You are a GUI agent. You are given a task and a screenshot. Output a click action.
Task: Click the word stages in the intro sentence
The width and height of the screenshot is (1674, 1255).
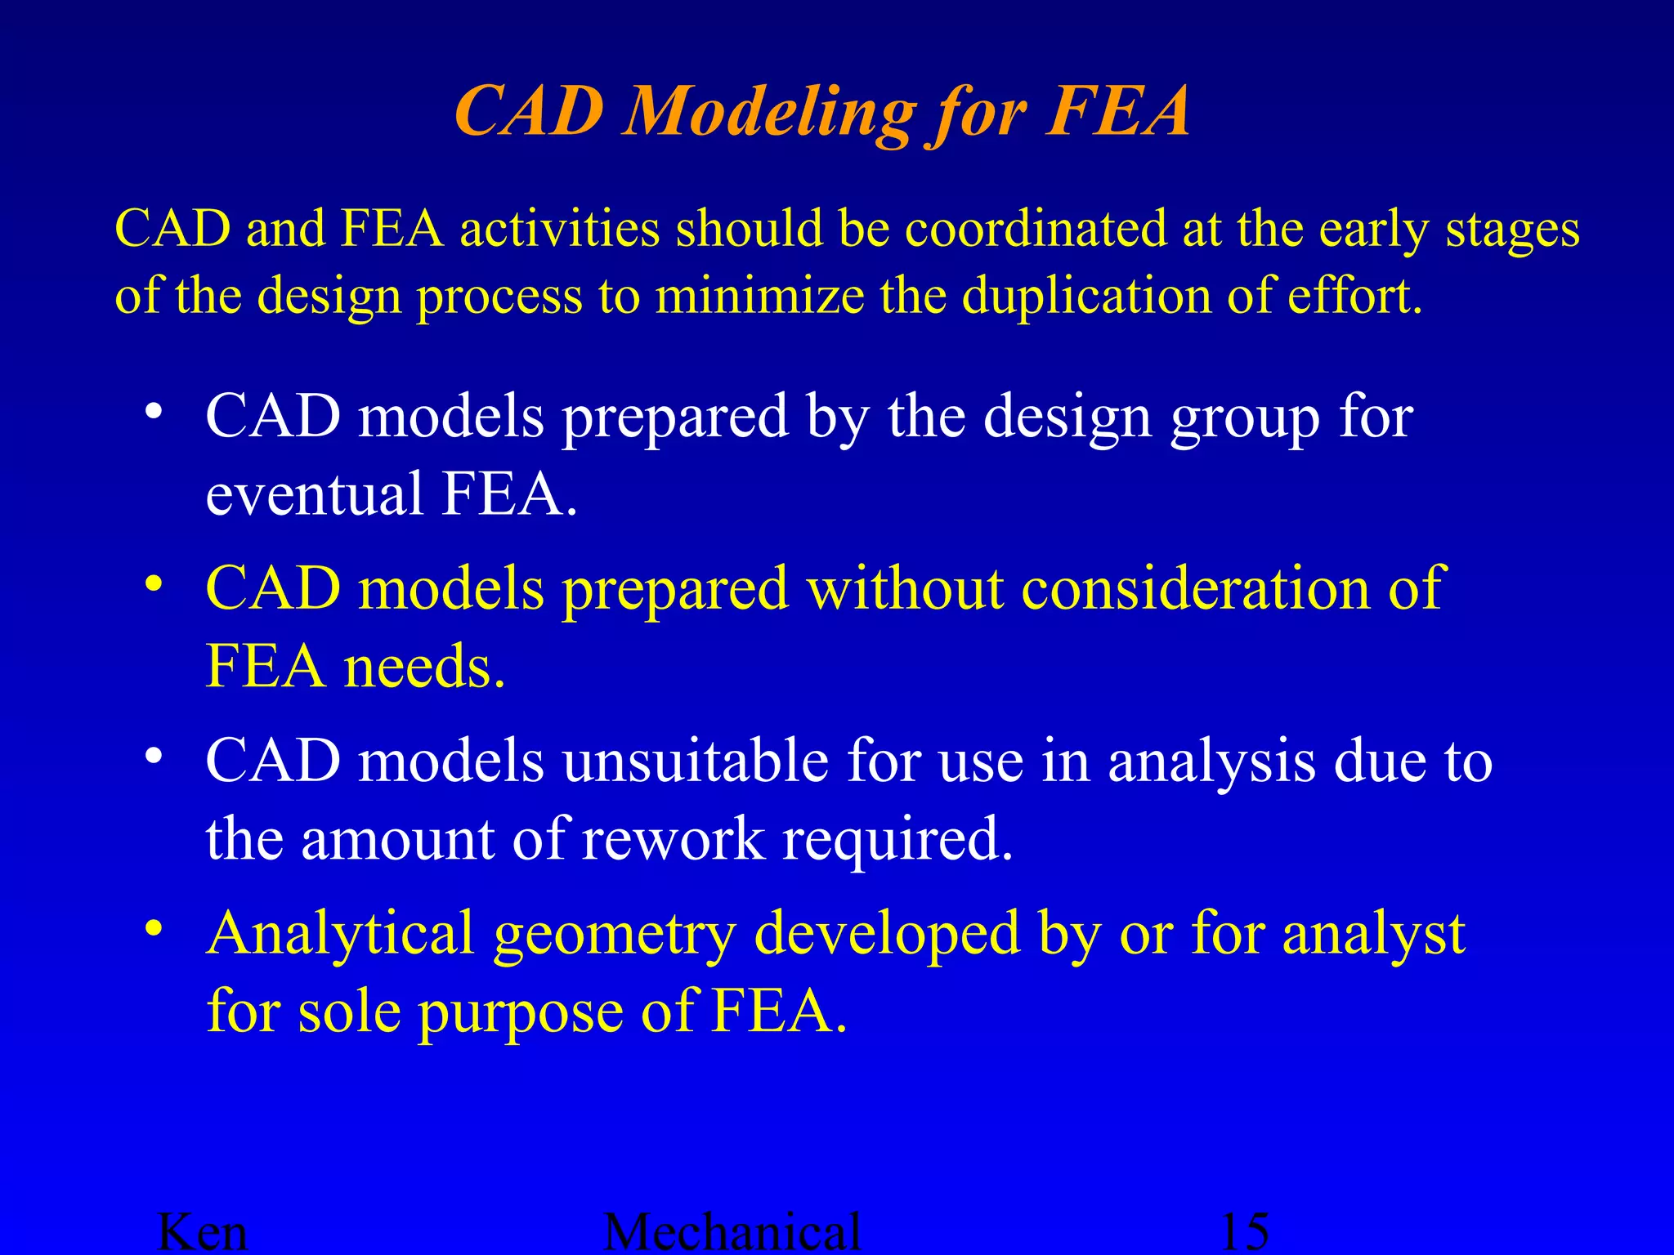click(x=1512, y=230)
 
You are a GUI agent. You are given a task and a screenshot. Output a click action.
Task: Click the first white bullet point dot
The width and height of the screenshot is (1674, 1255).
click(x=153, y=411)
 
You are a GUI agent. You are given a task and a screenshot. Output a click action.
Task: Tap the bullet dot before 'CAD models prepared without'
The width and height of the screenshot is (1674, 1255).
click(x=153, y=583)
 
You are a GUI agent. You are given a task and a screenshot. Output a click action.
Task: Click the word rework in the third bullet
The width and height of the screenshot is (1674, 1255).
click(x=673, y=839)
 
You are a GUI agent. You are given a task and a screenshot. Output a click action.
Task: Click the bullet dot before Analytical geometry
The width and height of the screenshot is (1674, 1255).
click(x=153, y=928)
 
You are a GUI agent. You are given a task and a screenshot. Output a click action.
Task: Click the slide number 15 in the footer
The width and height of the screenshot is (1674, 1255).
click(x=1244, y=1231)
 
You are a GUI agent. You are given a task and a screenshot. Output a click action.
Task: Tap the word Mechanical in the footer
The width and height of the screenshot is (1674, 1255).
click(x=732, y=1231)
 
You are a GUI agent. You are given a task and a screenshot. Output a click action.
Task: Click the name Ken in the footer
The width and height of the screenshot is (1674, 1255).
click(x=202, y=1231)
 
